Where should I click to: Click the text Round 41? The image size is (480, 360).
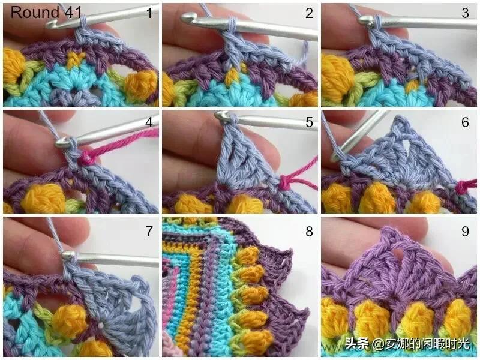tap(46, 12)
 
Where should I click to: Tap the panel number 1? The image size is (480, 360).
tap(149, 13)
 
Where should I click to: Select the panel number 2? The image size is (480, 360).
tap(309, 13)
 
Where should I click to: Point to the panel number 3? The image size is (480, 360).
tap(465, 13)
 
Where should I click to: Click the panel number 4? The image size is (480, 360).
tap(149, 122)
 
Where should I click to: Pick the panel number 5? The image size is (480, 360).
tap(309, 122)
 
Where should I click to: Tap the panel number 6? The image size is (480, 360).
tap(465, 122)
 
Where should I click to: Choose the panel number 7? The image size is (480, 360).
tap(149, 231)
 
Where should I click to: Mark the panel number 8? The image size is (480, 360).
tap(309, 231)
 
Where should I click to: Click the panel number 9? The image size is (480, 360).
tap(465, 231)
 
